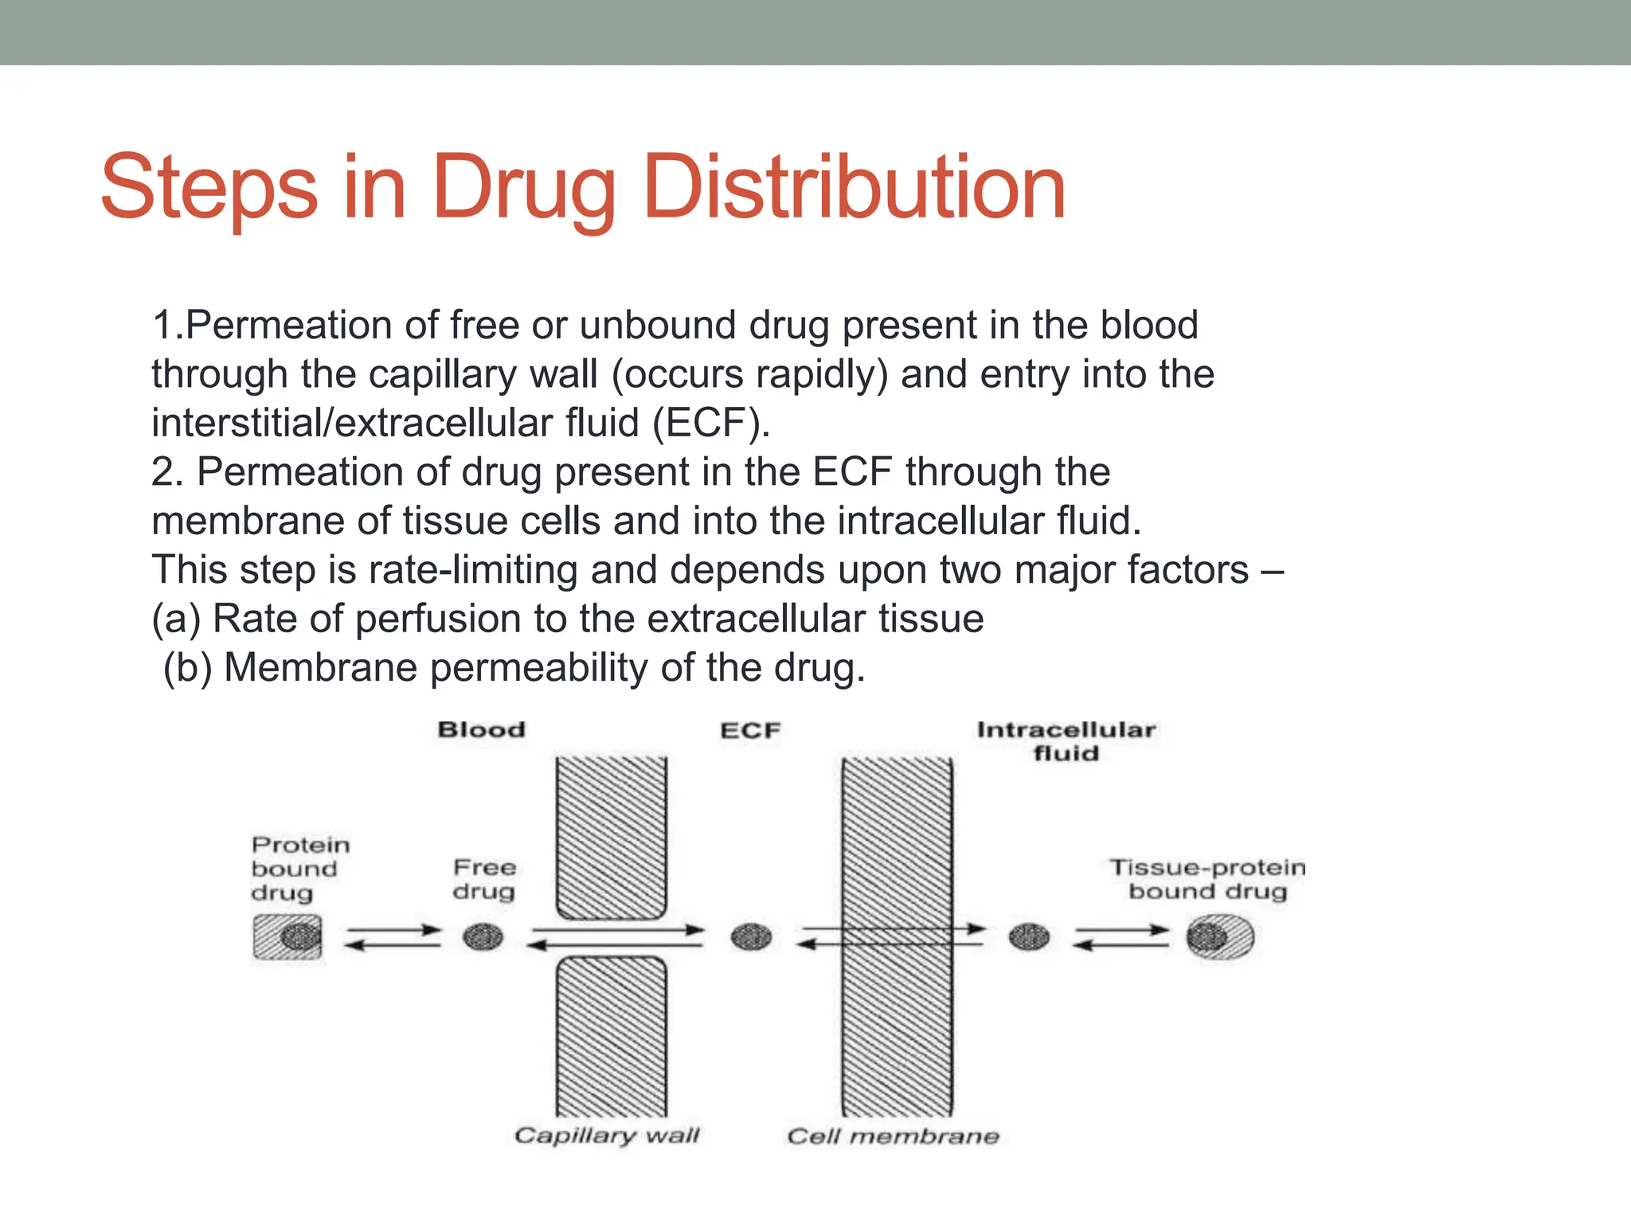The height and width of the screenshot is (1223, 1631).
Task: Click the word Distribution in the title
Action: [853, 188]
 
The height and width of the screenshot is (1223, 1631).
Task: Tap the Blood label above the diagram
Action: [482, 729]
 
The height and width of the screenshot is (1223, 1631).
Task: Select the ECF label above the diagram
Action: [750, 730]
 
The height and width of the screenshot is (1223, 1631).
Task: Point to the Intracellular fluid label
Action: [1066, 741]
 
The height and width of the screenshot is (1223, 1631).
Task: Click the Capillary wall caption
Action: [607, 1135]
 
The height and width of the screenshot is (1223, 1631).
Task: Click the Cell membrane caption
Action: [893, 1136]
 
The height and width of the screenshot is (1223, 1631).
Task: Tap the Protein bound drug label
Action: [299, 869]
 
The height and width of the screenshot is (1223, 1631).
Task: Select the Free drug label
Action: [484, 879]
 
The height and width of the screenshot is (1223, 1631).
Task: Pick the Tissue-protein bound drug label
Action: [1207, 879]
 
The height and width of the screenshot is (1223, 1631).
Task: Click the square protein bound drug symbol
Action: [287, 937]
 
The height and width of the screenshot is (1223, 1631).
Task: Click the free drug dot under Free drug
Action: [483, 937]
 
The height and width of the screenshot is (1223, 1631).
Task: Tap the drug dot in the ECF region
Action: [751, 937]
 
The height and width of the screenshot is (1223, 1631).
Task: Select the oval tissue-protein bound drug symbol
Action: [1219, 937]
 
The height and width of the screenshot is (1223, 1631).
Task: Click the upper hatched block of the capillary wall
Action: [611, 836]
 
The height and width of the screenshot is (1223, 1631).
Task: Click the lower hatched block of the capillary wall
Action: [611, 1035]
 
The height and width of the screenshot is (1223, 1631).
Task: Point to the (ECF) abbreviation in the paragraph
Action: [710, 423]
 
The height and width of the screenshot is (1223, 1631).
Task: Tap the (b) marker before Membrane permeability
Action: [187, 667]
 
